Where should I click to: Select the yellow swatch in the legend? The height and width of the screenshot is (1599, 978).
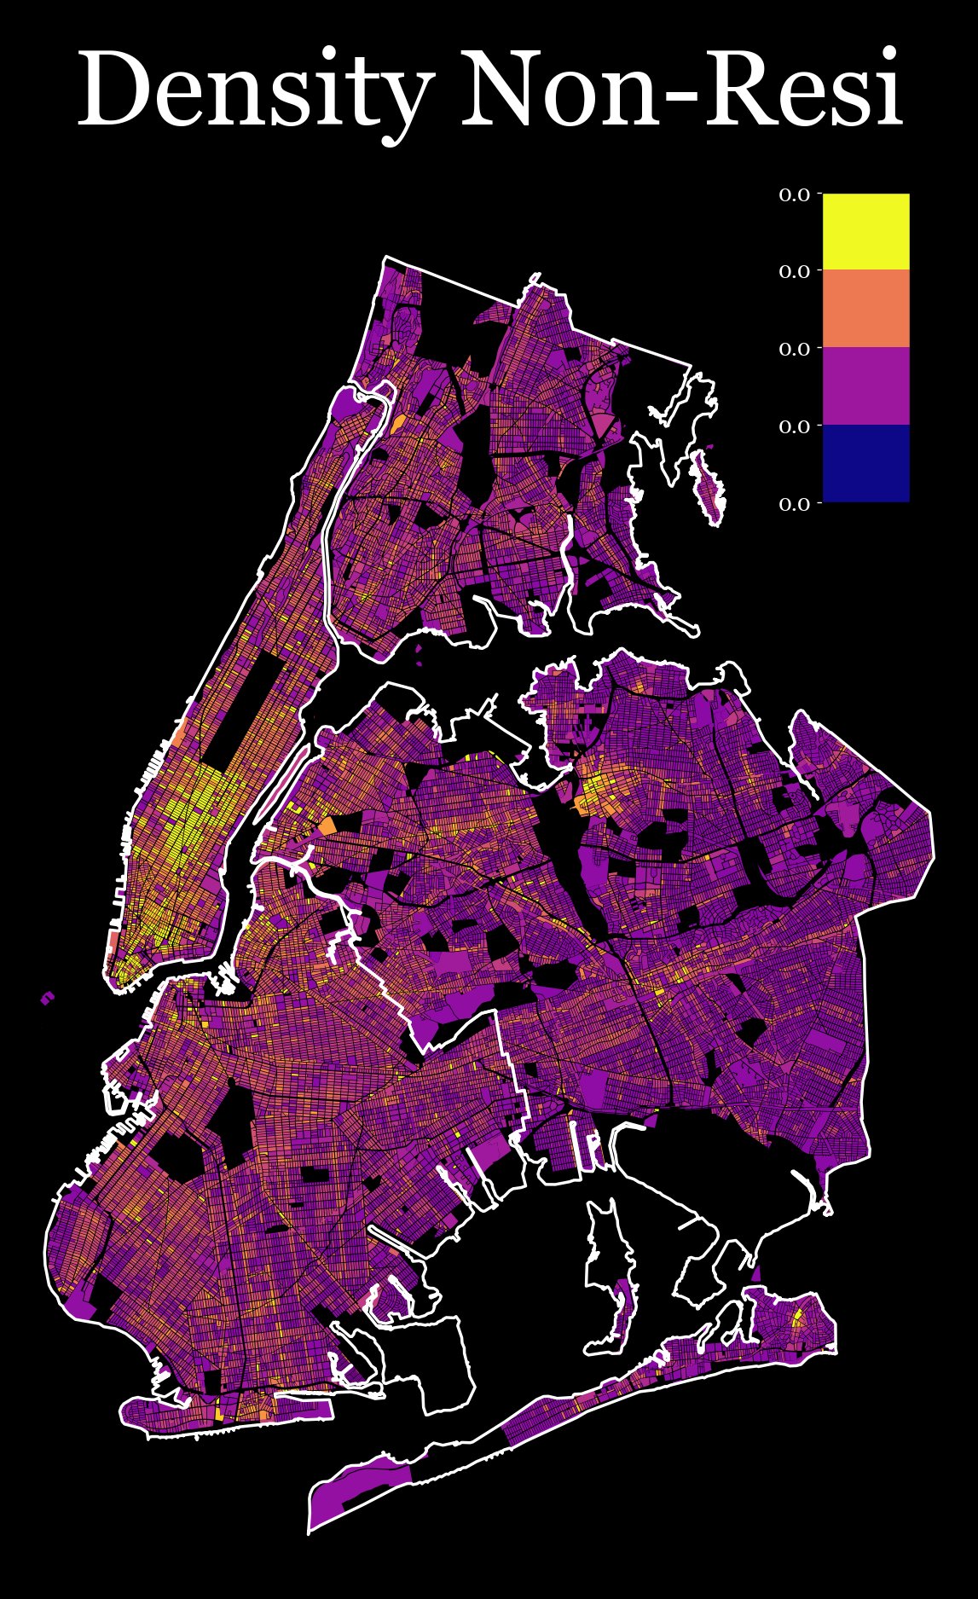click(865, 231)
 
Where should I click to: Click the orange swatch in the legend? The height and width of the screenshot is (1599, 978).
click(865, 308)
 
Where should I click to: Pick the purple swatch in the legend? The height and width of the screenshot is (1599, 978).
click(865, 385)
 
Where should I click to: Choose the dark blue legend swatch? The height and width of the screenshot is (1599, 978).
click(865, 463)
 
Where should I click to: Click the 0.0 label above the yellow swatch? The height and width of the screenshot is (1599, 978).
click(794, 194)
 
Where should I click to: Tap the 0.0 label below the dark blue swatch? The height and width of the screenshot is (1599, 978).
click(794, 504)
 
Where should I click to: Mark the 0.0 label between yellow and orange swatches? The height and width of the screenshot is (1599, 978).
click(794, 271)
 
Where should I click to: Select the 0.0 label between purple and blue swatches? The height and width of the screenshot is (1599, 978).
click(794, 426)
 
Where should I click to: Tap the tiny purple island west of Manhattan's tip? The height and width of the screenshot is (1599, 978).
click(48, 997)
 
